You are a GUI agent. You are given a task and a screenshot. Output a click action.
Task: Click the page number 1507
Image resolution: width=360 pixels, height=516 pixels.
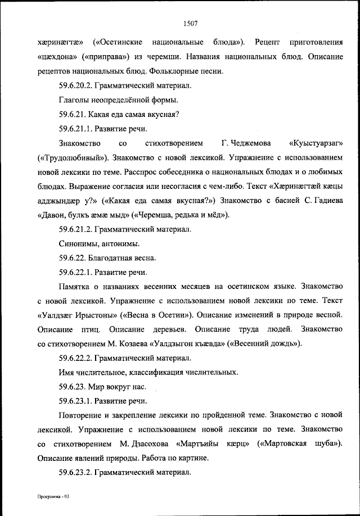click(190, 23)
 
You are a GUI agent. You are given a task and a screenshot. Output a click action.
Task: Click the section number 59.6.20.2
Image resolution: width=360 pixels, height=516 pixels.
click(75, 86)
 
